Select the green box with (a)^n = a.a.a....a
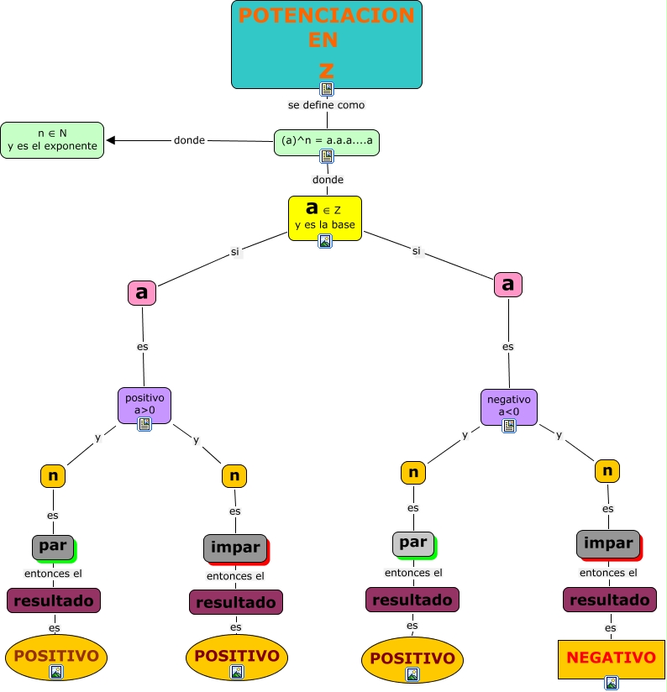tap(327, 140)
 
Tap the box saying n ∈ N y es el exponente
tap(52, 139)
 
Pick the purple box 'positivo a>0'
tap(144, 404)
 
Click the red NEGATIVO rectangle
tap(611, 658)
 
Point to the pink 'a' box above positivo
tap(142, 292)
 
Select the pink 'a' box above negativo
tap(507, 284)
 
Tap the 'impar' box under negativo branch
tap(607, 543)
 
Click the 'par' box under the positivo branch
tap(53, 547)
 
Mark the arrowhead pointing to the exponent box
tap(111, 140)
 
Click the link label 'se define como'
tap(326, 105)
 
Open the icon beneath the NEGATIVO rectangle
tap(612, 683)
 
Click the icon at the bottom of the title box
tap(327, 88)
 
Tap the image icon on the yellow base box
tap(325, 241)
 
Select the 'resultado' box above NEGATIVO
tap(609, 600)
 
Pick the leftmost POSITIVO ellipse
tap(56, 657)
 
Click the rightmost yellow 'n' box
tap(607, 470)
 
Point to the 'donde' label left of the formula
tap(189, 140)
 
